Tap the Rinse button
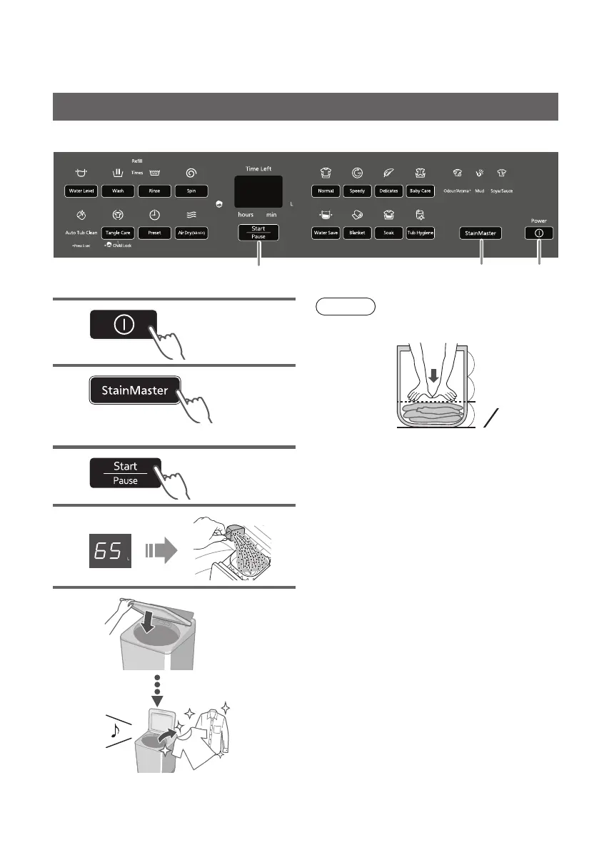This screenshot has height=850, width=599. [154, 191]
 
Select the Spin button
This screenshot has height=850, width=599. [192, 191]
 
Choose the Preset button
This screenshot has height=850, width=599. [154, 233]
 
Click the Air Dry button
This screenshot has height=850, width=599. [192, 233]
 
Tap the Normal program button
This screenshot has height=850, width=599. [326, 191]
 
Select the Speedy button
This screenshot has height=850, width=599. [357, 191]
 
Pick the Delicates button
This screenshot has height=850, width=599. [389, 191]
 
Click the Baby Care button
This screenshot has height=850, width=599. [421, 191]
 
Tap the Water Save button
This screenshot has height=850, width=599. [326, 233]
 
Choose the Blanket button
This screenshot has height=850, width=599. [357, 233]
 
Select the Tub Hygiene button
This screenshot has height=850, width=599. [421, 233]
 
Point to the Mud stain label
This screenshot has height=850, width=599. [480, 191]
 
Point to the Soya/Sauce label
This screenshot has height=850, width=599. [501, 191]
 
